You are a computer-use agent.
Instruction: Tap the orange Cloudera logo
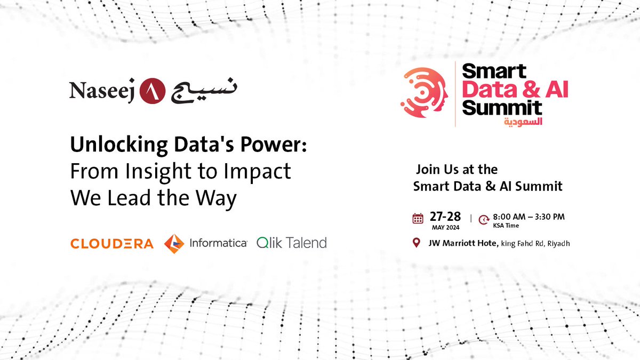(x=112, y=244)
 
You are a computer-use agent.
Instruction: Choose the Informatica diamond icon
(x=174, y=243)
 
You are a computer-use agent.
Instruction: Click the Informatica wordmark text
(x=218, y=243)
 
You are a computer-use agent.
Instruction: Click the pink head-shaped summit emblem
(x=424, y=95)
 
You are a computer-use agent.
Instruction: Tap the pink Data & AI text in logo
(x=515, y=89)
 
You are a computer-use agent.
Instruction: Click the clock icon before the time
(x=484, y=219)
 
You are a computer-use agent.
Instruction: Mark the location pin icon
(x=417, y=243)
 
